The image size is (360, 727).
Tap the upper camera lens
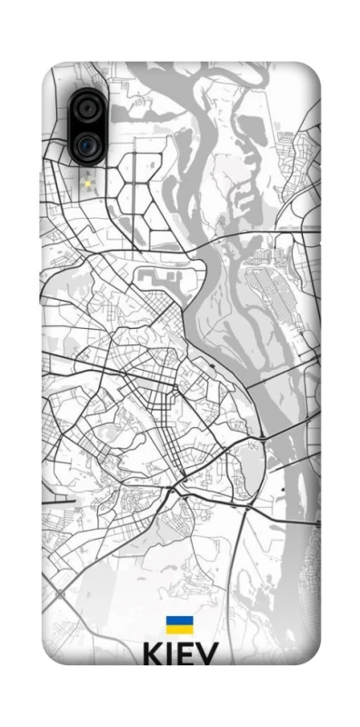pyautogui.click(x=86, y=109)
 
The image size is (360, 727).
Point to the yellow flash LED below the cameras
pyautogui.click(x=88, y=184)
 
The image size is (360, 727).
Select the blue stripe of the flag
pyautogui.click(x=179, y=621)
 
